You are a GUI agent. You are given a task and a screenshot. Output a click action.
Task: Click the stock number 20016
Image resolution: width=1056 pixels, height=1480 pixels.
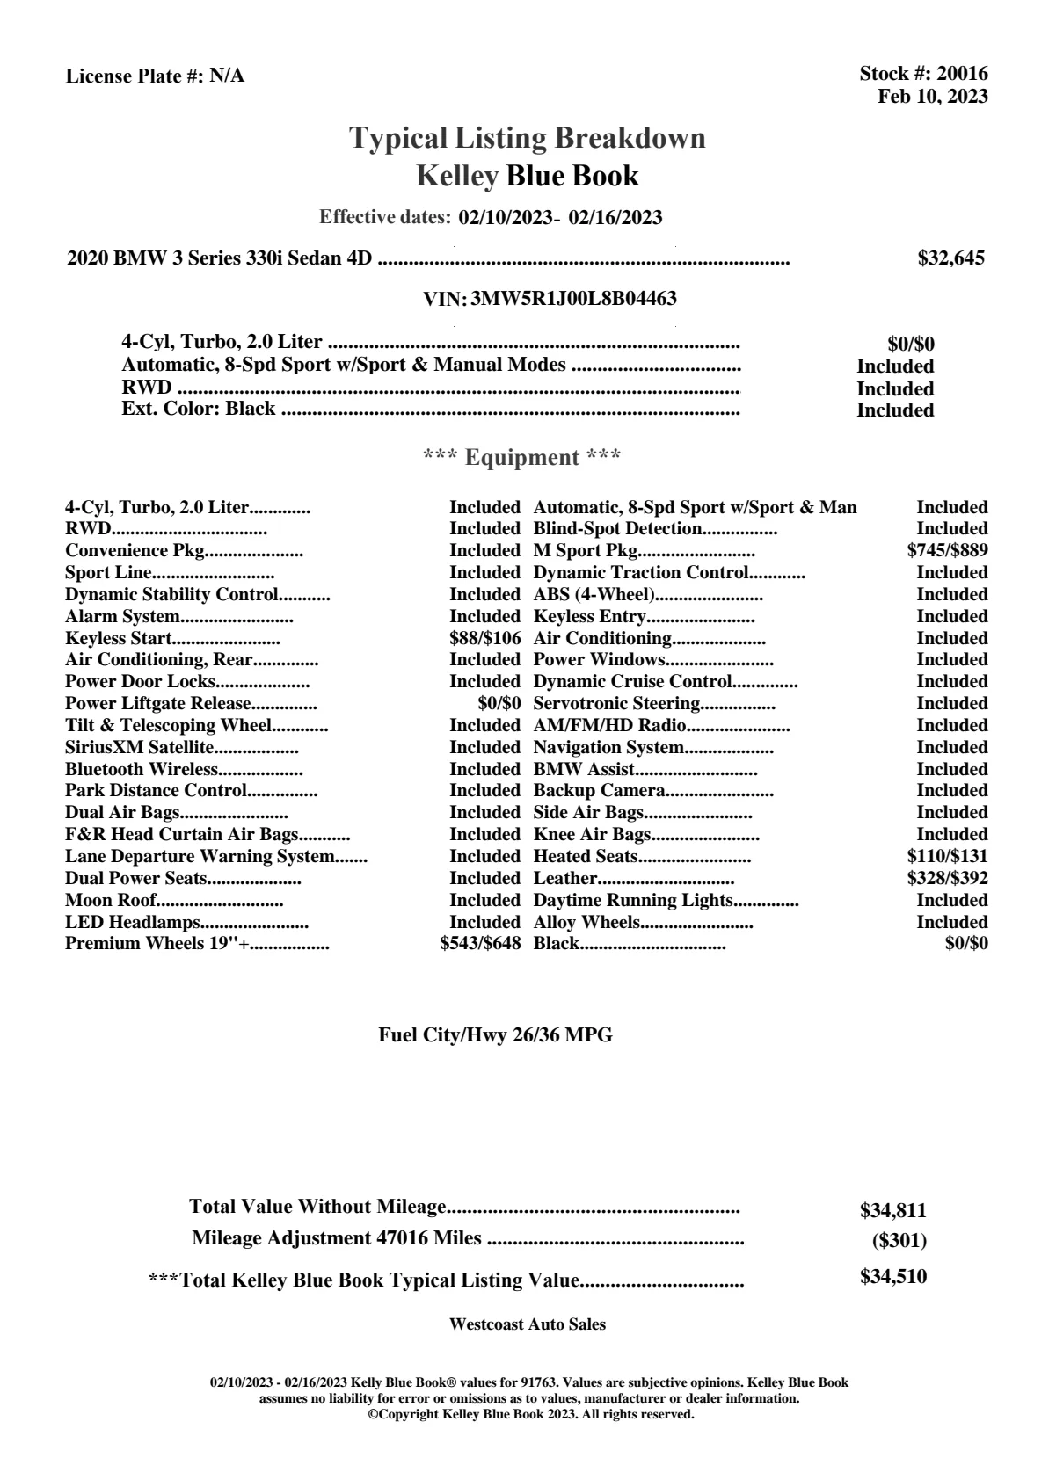coord(962,74)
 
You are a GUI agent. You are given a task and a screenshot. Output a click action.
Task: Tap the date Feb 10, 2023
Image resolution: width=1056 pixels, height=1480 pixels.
coord(932,96)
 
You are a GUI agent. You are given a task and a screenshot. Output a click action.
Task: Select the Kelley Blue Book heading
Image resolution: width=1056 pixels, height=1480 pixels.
coord(527,176)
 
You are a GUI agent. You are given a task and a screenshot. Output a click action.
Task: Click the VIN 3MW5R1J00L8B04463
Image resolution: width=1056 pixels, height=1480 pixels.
coord(573,299)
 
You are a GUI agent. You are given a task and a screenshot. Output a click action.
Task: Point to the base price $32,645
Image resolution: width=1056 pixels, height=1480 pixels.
coord(950,258)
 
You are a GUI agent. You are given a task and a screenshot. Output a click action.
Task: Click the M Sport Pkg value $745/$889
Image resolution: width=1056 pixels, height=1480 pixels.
coord(947,551)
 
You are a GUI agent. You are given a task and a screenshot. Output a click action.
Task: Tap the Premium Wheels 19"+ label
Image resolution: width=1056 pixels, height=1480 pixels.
coord(157,944)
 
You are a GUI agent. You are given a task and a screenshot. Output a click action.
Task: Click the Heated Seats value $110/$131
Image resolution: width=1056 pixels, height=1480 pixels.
coord(947,857)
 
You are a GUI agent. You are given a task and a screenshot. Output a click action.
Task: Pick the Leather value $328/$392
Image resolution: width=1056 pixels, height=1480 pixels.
coord(947,879)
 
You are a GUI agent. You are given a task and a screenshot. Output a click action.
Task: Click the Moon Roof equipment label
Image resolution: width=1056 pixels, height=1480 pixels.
coord(111,900)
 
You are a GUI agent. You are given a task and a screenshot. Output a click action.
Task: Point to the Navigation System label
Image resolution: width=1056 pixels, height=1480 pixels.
coord(608,748)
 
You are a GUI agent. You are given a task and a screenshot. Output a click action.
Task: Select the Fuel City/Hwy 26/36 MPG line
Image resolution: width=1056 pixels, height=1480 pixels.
coord(495,1035)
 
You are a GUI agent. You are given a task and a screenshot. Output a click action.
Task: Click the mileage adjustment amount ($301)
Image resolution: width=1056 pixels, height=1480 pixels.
coord(899,1241)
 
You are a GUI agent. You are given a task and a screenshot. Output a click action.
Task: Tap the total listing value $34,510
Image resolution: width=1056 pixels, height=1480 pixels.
coord(892,1277)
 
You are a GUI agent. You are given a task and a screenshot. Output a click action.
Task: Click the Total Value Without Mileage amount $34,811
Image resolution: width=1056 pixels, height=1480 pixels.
coord(892,1211)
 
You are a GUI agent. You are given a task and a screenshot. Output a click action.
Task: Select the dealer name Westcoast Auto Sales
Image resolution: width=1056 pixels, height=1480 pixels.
coord(527,1324)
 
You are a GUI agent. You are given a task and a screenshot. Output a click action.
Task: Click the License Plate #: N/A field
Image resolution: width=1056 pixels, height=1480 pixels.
coord(155,76)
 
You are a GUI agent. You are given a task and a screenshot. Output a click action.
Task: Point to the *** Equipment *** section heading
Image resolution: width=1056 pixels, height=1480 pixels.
coord(521,458)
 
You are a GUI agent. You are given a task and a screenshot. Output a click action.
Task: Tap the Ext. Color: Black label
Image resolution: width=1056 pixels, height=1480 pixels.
coord(198,409)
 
